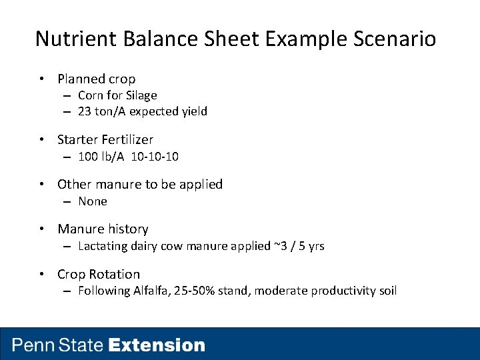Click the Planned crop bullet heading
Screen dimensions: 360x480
(x=96, y=79)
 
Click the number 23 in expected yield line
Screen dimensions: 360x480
(x=84, y=111)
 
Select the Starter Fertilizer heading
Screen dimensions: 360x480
(x=105, y=139)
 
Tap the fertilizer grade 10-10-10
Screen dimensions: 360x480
(x=155, y=157)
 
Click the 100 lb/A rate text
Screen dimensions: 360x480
(x=99, y=157)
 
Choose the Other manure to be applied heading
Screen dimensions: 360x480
(x=140, y=184)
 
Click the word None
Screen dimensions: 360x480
(x=93, y=201)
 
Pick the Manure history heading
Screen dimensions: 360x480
(x=103, y=229)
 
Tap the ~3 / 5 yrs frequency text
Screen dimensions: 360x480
(x=299, y=246)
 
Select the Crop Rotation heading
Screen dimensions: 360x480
(x=99, y=274)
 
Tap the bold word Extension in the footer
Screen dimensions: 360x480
(x=157, y=345)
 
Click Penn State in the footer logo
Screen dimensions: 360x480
(x=58, y=345)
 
